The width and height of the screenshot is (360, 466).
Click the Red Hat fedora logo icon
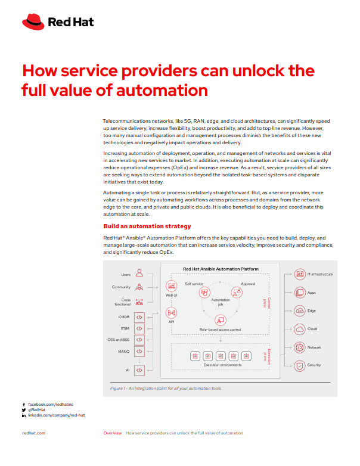click(33, 23)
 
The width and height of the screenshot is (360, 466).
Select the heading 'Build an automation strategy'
click(147, 226)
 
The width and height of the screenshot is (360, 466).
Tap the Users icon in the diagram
click(139, 274)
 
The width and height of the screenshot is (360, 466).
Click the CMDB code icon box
click(139, 317)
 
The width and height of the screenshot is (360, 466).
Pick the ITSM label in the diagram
click(125, 328)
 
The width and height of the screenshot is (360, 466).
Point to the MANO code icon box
click(139, 352)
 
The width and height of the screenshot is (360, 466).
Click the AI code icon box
click(139, 370)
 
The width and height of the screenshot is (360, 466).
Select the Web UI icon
click(171, 285)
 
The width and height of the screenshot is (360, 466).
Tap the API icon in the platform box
click(171, 313)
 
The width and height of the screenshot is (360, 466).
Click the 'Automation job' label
click(221, 302)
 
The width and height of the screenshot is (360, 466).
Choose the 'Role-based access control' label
click(221, 330)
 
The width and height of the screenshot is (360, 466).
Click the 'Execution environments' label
click(222, 365)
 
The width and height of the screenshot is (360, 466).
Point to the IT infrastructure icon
click(300, 275)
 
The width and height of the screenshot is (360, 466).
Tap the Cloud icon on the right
click(300, 329)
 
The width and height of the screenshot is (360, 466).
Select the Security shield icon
click(300, 365)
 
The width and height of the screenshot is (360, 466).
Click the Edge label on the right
click(312, 310)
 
